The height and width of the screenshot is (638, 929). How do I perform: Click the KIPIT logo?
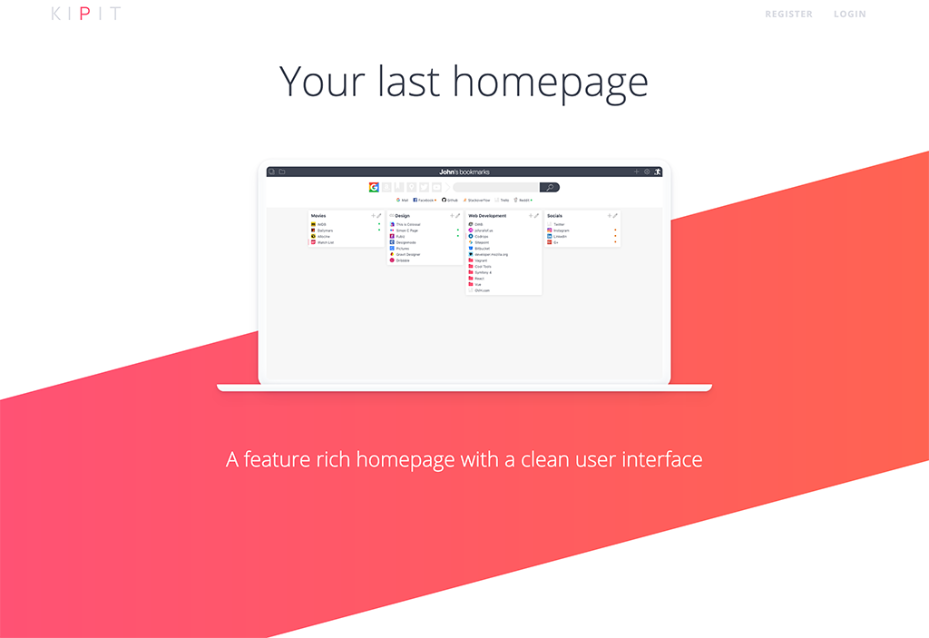(85, 14)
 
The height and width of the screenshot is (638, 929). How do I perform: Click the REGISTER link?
(788, 15)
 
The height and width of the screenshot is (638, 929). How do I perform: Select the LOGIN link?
(849, 15)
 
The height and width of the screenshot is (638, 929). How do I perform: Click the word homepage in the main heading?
(550, 81)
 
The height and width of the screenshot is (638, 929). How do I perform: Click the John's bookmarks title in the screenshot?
(464, 172)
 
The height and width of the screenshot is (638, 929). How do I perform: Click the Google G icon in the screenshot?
(374, 187)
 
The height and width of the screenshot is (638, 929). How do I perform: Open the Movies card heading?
(318, 216)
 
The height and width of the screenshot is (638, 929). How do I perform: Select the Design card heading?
(402, 216)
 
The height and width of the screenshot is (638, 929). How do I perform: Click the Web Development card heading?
(487, 216)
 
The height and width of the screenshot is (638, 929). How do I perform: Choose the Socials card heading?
(554, 216)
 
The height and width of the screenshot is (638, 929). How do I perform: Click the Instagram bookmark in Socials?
(561, 231)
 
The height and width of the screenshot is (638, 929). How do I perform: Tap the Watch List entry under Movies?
(325, 242)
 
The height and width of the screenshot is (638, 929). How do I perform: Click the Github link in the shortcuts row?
(452, 200)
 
